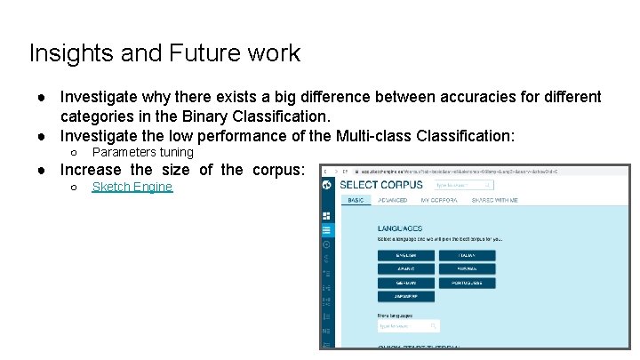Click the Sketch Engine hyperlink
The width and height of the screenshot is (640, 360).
click(132, 187)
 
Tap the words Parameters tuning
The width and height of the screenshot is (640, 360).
click(143, 152)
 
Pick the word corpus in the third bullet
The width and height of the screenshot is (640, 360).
click(277, 170)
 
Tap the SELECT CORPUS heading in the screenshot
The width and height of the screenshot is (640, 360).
click(381, 185)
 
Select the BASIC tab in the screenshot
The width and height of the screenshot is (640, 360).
click(356, 201)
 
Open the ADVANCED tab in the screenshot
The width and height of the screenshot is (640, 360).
click(392, 201)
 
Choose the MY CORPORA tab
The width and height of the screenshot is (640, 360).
click(439, 201)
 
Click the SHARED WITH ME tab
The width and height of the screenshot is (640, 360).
click(495, 201)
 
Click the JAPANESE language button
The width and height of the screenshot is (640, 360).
click(406, 297)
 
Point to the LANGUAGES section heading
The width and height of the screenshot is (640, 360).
click(400, 229)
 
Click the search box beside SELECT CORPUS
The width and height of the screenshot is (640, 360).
click(463, 185)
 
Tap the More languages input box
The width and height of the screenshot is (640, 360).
click(408, 326)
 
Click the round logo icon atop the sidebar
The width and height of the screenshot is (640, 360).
click(327, 185)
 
